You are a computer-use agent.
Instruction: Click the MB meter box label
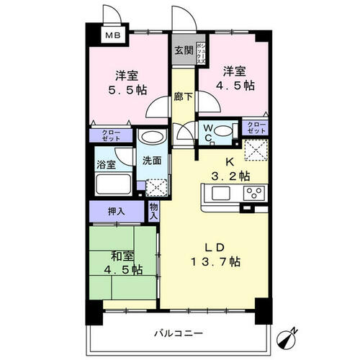tap(113, 35)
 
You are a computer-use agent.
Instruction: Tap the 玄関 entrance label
tap(184, 50)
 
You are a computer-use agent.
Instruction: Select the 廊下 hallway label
tap(184, 96)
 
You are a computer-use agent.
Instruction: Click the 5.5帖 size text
tap(127, 90)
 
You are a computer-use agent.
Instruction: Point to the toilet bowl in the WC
tap(223, 131)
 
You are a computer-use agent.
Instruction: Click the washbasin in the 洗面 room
tap(151, 137)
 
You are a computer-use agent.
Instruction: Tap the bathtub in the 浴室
tap(113, 184)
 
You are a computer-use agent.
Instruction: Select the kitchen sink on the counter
tap(221, 193)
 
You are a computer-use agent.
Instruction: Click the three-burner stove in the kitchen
tap(255, 193)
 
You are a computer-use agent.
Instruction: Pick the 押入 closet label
tap(117, 212)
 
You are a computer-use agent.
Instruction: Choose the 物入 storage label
tap(153, 211)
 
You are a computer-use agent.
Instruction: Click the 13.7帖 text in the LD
tap(215, 261)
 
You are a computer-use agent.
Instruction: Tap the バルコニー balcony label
tap(179, 333)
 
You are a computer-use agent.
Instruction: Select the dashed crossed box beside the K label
tap(256, 150)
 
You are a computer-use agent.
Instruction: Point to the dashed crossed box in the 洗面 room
tap(156, 187)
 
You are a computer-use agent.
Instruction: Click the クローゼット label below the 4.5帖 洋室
tap(256, 127)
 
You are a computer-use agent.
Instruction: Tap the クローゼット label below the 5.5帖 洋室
tap(111, 135)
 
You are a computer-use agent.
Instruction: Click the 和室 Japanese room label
tap(122, 256)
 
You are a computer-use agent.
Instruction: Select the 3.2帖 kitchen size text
tap(230, 176)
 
